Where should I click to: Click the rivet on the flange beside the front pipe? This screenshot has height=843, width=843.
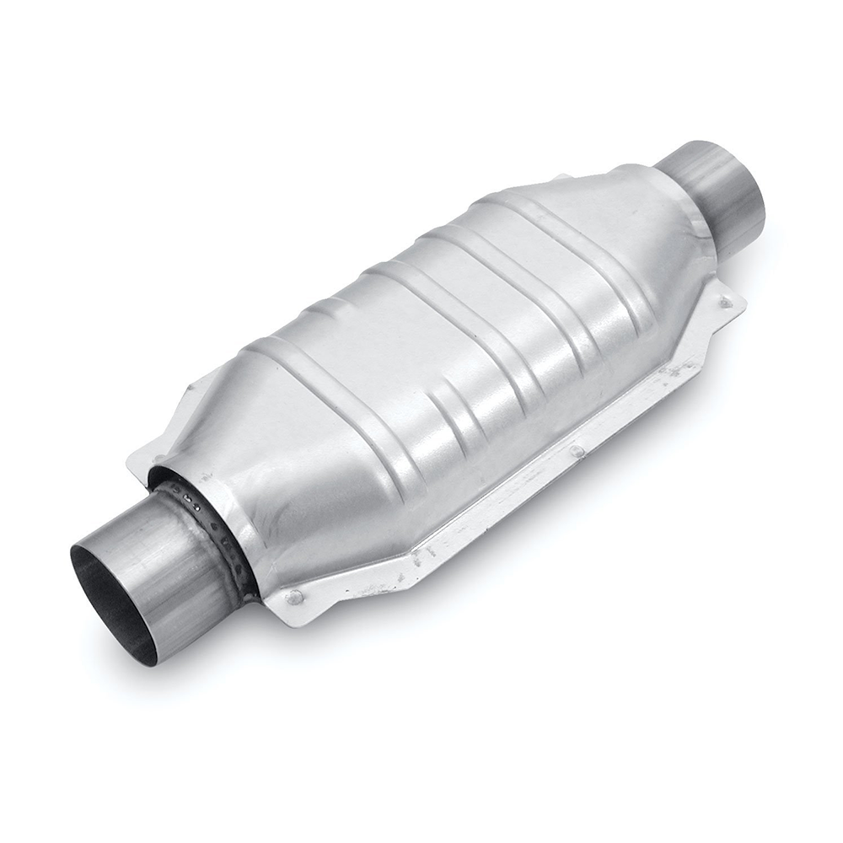click(x=293, y=597)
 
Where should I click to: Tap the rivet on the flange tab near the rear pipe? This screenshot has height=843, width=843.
click(x=722, y=301)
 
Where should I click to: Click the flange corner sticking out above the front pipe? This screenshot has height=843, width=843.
click(x=143, y=459)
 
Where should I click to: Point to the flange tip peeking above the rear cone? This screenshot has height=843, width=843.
click(x=558, y=178)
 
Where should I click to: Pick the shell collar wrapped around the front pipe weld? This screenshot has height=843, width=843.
click(x=244, y=540)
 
